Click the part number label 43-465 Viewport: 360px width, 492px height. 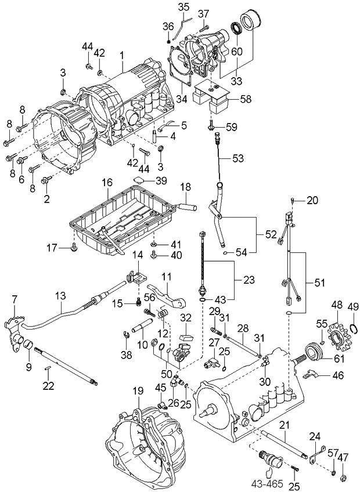[267, 482]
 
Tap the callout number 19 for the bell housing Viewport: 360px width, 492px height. [137, 390]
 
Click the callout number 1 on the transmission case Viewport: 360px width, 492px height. [123, 55]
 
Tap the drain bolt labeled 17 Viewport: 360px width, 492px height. [74, 249]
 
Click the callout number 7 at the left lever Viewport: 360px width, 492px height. [15, 299]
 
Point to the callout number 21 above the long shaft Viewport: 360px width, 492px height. [284, 425]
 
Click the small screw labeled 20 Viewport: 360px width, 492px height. [295, 200]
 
